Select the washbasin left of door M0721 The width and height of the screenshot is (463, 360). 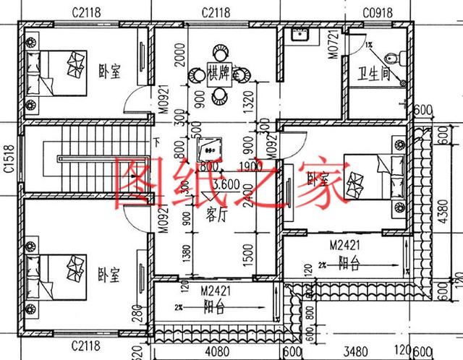[297, 34]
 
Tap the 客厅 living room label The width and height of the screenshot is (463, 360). [217, 214]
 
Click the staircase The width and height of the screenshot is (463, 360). [59, 160]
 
